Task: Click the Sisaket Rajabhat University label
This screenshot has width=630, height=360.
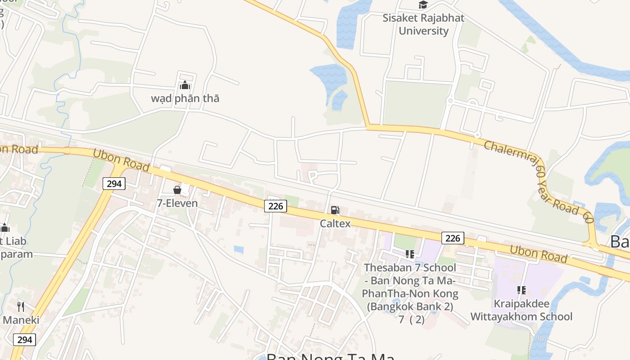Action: coord(423,25)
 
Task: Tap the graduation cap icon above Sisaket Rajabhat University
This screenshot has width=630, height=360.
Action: coord(423,5)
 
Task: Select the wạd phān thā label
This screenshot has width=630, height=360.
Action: coord(185,98)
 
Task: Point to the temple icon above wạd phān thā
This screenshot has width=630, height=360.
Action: coord(185,85)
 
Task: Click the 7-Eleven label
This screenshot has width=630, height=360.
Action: coord(177,203)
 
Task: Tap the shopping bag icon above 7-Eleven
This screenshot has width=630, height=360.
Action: coord(177,190)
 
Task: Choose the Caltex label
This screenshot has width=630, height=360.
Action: coord(335,223)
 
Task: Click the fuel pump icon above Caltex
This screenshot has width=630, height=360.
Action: coord(335,210)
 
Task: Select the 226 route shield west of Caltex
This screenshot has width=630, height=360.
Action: coord(275,206)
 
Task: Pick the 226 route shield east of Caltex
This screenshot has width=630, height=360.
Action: coord(452,238)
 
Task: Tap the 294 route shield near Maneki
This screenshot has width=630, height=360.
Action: coord(24,339)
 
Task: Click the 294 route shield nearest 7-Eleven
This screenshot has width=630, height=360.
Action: coord(114,183)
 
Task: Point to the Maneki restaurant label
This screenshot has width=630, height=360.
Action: coord(21,320)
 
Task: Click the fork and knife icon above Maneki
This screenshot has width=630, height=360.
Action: coord(21,307)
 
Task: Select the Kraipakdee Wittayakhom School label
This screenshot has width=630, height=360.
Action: coord(522,310)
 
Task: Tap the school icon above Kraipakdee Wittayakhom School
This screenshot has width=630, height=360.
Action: coord(522,290)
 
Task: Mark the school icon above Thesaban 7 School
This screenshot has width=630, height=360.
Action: coord(410,254)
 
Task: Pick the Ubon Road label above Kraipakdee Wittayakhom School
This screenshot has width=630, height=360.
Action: coord(538,253)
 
